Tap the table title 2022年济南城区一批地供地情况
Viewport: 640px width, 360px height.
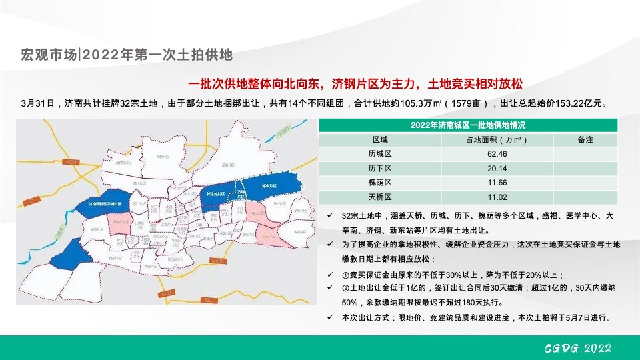click(x=467, y=125)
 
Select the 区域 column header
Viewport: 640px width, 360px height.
click(x=380, y=140)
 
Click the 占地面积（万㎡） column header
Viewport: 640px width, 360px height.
click(x=497, y=140)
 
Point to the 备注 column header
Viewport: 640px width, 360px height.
click(x=585, y=140)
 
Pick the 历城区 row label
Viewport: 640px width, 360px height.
click(x=380, y=154)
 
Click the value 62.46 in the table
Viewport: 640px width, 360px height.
click(x=497, y=154)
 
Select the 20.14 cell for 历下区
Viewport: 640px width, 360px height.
click(x=497, y=168)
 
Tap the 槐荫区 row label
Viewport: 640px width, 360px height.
click(x=380, y=183)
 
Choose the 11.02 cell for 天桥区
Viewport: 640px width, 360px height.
click(x=497, y=197)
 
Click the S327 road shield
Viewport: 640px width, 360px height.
click(x=209, y=301)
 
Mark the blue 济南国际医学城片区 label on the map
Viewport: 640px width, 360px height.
click(x=104, y=204)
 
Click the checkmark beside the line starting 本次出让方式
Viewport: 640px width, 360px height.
click(x=331, y=317)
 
